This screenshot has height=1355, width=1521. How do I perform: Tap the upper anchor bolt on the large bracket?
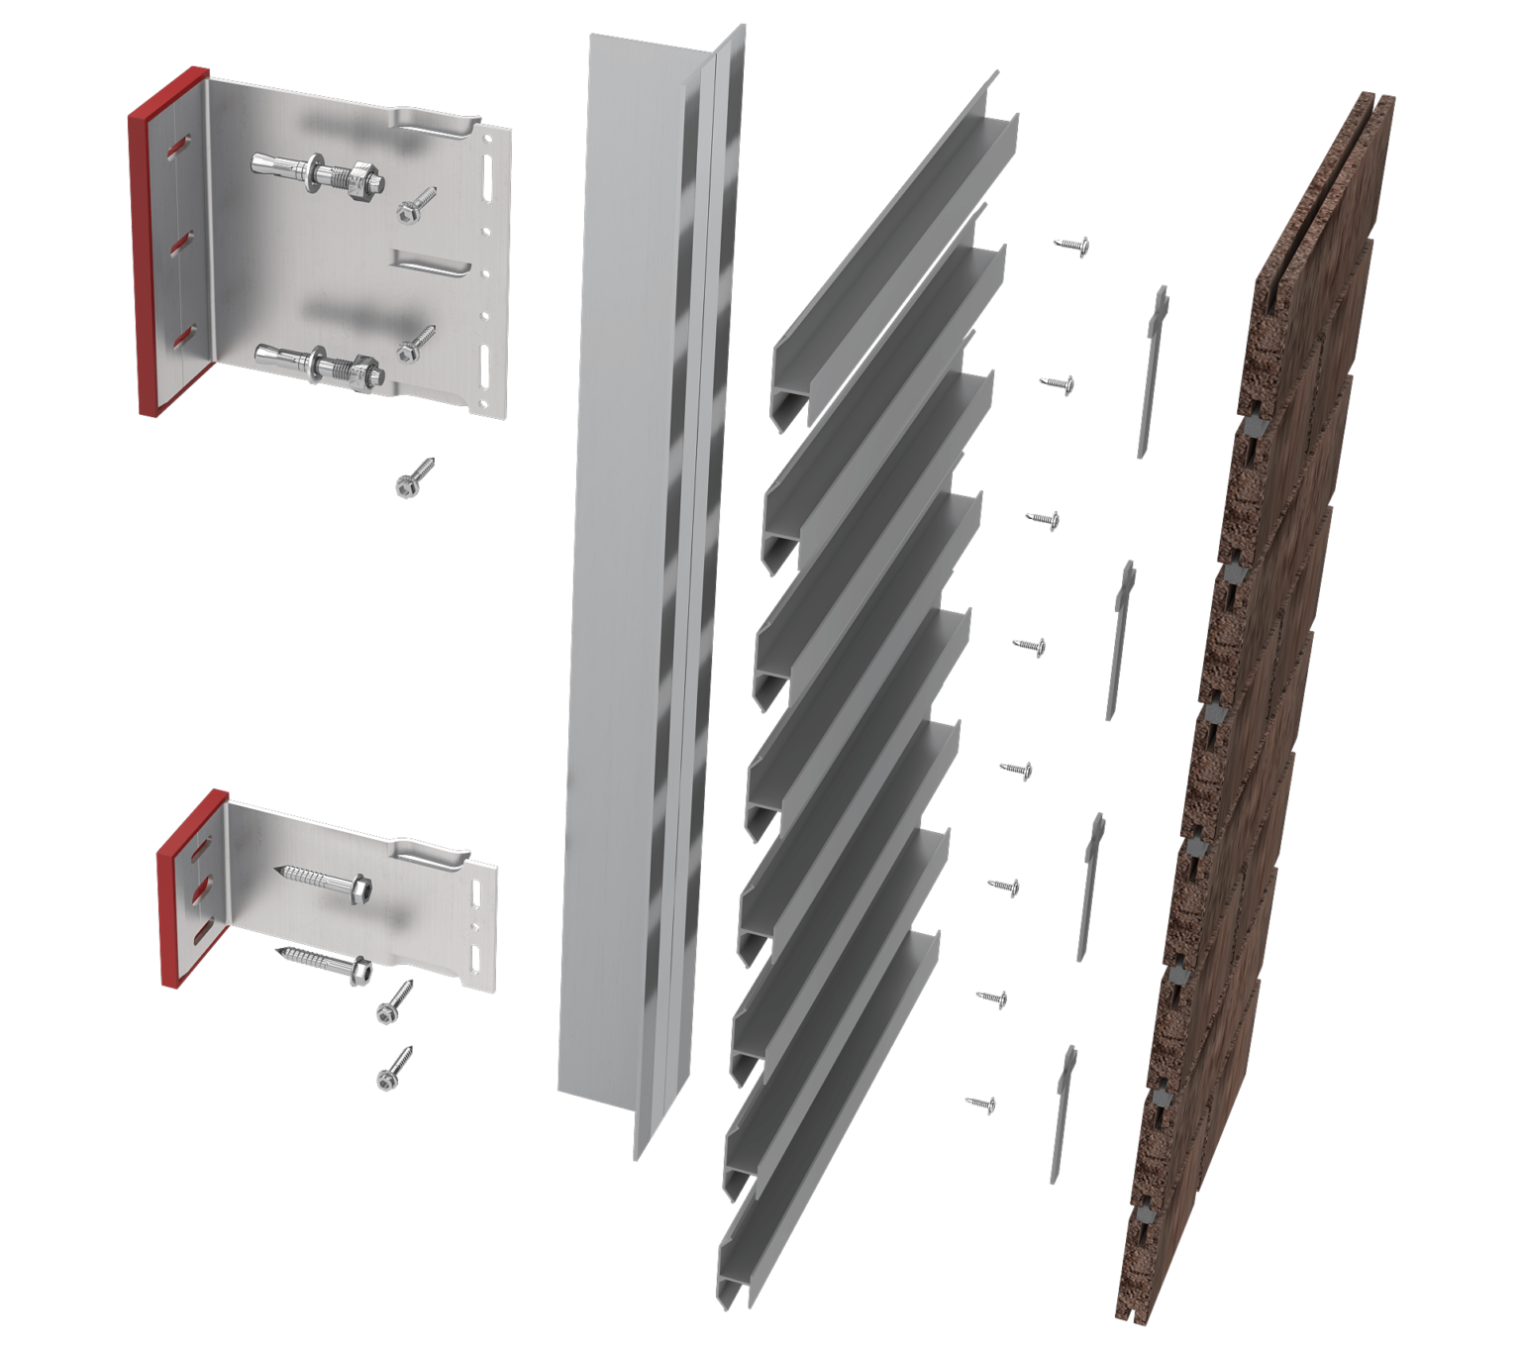(317, 173)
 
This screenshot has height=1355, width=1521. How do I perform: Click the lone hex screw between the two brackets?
(414, 476)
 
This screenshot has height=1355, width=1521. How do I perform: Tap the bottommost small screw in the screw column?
(980, 1102)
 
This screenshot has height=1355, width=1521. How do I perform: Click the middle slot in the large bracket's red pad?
(181, 244)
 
